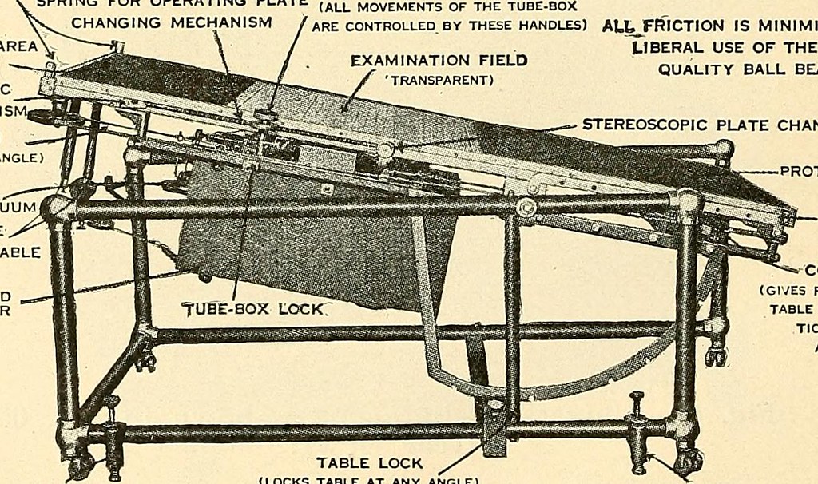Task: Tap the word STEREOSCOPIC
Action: [x=632, y=125]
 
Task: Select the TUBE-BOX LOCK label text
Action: [x=255, y=309]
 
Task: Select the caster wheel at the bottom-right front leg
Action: [x=686, y=460]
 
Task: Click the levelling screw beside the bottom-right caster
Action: [x=637, y=431]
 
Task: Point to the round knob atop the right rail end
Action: [x=723, y=149]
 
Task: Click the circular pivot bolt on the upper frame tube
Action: [x=525, y=208]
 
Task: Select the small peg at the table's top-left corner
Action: [x=118, y=47]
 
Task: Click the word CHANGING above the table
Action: [x=118, y=22]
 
